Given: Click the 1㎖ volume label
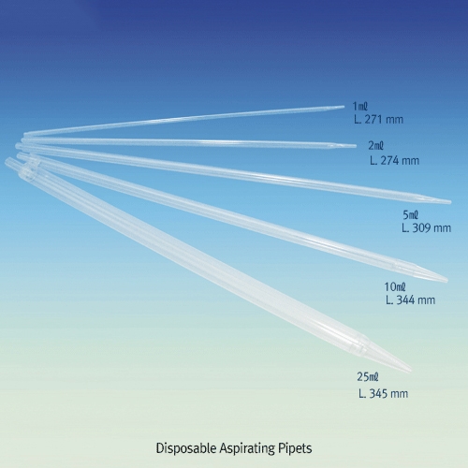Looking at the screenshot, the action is [360, 107].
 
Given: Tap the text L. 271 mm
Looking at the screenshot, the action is [379, 120].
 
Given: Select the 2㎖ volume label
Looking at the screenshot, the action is [376, 146].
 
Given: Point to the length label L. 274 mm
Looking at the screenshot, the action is [395, 161].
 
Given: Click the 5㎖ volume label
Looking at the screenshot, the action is [411, 215].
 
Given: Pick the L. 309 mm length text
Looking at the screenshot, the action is [427, 228].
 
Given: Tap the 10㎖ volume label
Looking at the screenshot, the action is [395, 286].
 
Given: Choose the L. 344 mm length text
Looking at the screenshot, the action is [411, 300].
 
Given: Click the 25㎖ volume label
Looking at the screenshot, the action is [368, 377].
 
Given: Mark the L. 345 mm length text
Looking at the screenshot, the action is [384, 394].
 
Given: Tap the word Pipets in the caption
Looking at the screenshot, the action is [295, 448].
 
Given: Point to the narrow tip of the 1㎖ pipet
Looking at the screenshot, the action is [344, 107].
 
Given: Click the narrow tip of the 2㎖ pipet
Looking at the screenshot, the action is [356, 146].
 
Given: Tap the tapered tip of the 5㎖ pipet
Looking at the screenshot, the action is [450, 202].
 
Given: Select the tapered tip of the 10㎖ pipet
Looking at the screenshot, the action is [447, 280].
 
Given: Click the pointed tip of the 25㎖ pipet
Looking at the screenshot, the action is [411, 371].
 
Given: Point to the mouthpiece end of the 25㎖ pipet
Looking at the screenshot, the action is [7, 161].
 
